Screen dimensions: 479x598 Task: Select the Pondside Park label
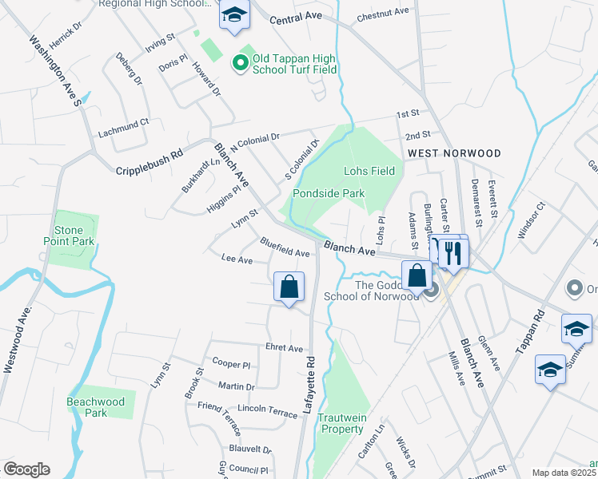click(328, 193)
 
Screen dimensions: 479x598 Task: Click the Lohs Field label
click(369, 171)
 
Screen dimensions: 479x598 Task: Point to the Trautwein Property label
click(341, 423)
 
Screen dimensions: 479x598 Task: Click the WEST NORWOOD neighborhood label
click(454, 152)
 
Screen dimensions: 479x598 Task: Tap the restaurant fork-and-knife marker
click(453, 254)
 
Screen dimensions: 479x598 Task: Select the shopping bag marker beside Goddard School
click(417, 277)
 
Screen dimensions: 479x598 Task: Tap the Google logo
click(26, 469)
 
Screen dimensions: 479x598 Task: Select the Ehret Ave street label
click(285, 348)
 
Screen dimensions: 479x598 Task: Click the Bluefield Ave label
click(285, 247)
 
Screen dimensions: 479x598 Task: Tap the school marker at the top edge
click(234, 15)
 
